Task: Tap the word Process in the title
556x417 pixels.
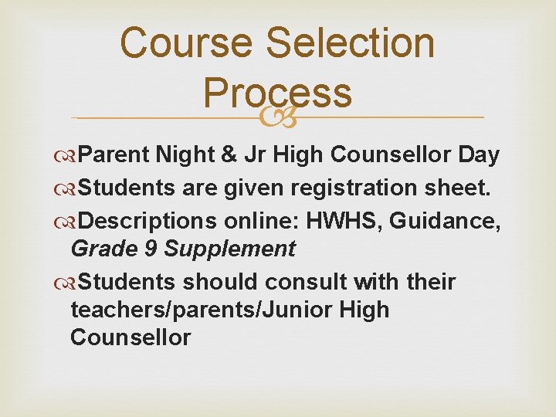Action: pos(278,93)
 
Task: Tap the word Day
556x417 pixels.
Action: pos(478,155)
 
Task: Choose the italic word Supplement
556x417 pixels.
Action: pos(229,249)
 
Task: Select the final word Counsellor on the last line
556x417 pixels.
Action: pos(130,337)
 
